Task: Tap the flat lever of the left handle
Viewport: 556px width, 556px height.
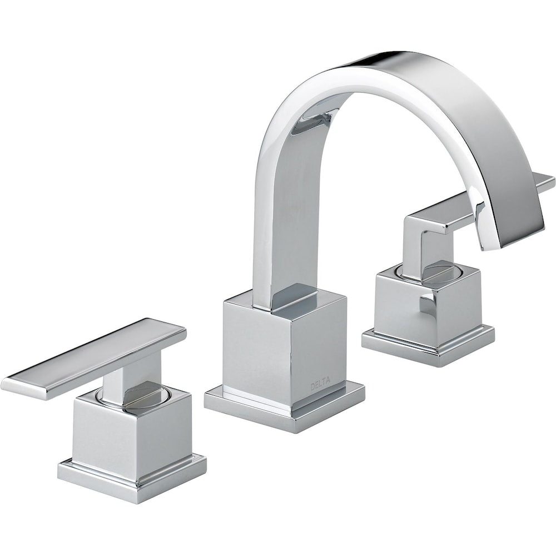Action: [94, 359]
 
